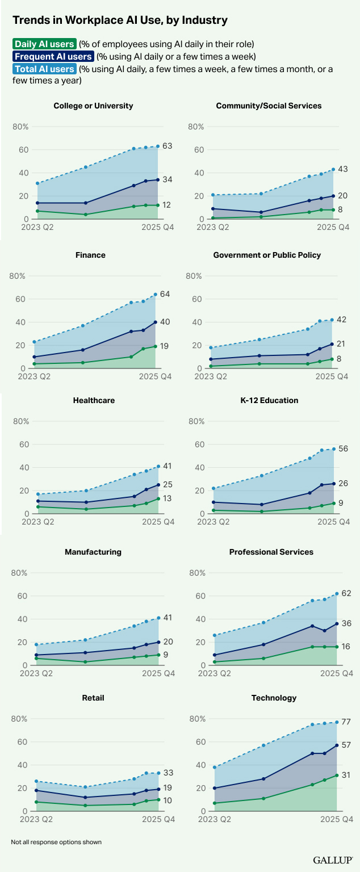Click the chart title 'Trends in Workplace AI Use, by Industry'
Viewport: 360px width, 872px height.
point(120,20)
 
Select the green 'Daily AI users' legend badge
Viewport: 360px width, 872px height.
point(44,44)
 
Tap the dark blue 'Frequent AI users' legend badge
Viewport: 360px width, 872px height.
point(53,56)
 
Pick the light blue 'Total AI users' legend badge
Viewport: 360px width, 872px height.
point(44,69)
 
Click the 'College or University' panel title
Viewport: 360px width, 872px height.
point(93,106)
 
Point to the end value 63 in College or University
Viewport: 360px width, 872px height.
point(167,146)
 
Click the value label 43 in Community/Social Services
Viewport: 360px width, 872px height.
point(342,169)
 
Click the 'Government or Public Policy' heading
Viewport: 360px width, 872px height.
point(267,255)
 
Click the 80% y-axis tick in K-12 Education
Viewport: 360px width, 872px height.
point(196,421)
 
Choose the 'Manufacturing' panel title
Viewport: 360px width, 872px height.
point(93,552)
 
